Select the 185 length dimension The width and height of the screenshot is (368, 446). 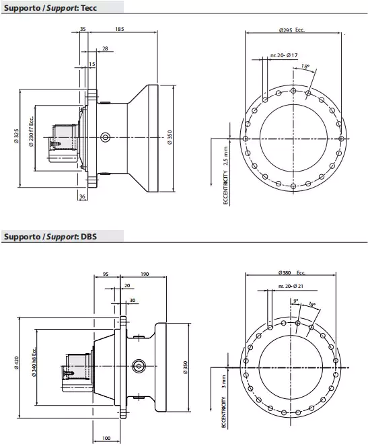coord(119,30)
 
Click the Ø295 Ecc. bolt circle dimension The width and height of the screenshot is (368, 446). coord(291,30)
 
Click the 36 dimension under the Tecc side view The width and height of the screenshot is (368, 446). coord(82,196)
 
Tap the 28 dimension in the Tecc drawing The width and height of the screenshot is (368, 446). coord(105,48)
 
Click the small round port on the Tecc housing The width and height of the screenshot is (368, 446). coord(105,137)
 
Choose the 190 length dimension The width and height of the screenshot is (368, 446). coord(145,274)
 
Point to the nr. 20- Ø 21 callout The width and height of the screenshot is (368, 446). coord(290,287)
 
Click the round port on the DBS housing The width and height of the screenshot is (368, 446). coord(139,365)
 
